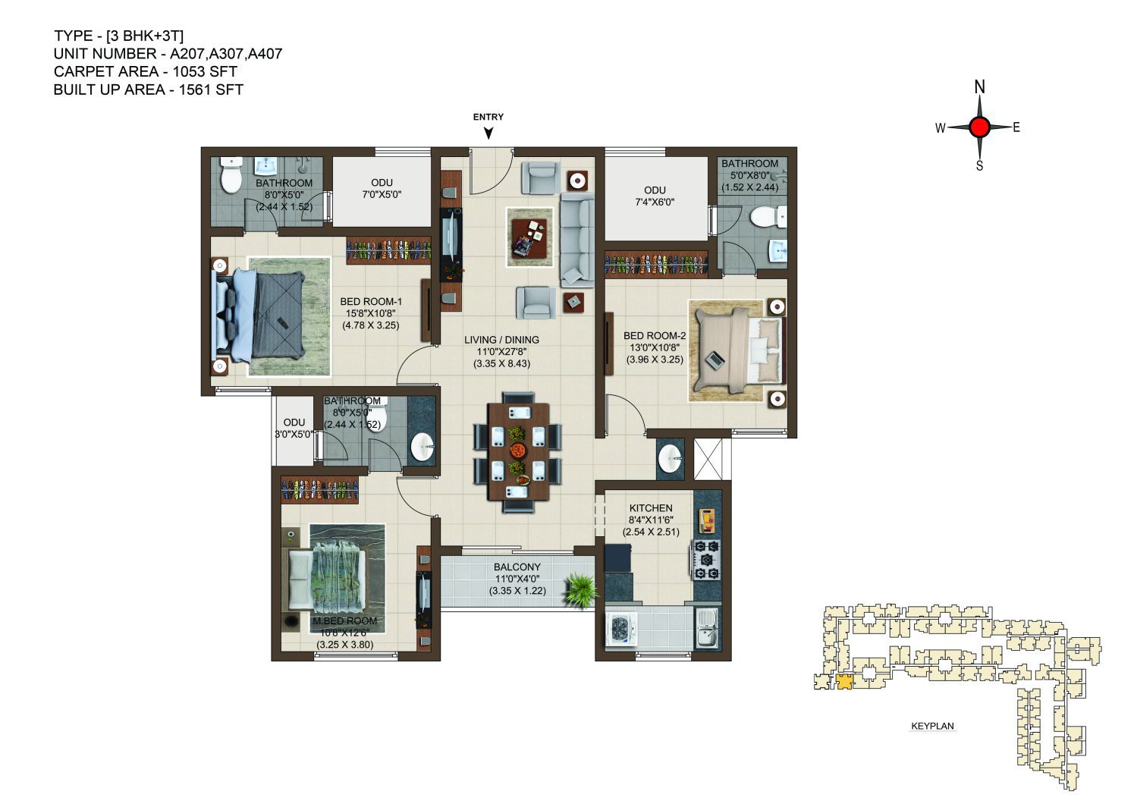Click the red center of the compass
click(979, 127)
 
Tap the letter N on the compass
click(980, 87)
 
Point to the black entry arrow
click(488, 133)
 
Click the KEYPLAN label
click(932, 726)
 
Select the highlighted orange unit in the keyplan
click(843, 681)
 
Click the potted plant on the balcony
click(582, 590)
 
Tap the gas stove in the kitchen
click(707, 560)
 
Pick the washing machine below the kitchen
click(621, 630)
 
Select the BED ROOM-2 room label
click(655, 335)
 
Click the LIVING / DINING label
click(501, 340)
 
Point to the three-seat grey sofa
click(577, 240)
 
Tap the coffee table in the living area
click(530, 237)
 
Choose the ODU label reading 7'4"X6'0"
click(655, 196)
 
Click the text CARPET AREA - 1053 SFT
click(146, 71)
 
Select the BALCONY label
click(517, 567)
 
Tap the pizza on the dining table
click(518, 449)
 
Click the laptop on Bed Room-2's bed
click(715, 360)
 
